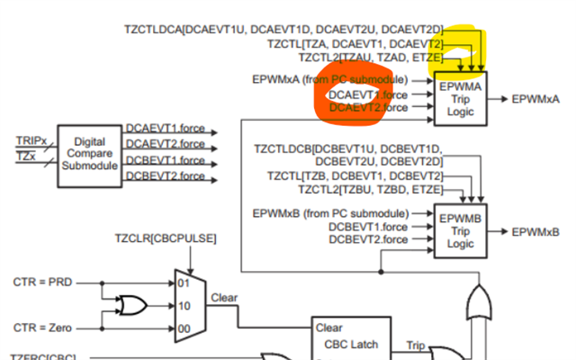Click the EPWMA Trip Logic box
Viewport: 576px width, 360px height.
pos(461,98)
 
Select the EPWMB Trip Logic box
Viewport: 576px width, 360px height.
pos(461,230)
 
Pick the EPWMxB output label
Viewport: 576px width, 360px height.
pos(538,231)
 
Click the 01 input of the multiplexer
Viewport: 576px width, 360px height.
pos(185,283)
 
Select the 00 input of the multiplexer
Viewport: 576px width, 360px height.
pos(185,327)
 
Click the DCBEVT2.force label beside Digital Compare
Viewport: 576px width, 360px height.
pos(166,175)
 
